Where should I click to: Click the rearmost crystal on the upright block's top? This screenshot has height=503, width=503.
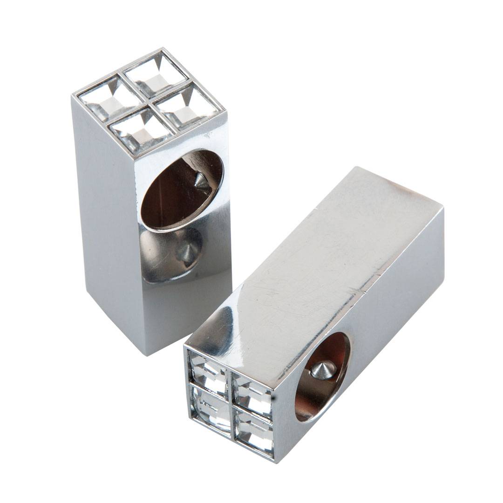pos(156,74)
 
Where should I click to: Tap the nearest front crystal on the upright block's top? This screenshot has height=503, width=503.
pos(141,132)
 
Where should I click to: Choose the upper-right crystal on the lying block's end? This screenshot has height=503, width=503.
pos(252,394)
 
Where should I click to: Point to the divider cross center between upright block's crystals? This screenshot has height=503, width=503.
pos(149,104)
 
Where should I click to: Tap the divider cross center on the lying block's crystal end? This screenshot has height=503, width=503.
pos(231,402)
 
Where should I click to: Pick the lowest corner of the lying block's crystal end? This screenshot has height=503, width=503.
pos(274,461)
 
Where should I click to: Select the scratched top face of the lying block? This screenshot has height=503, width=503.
pos(317,261)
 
